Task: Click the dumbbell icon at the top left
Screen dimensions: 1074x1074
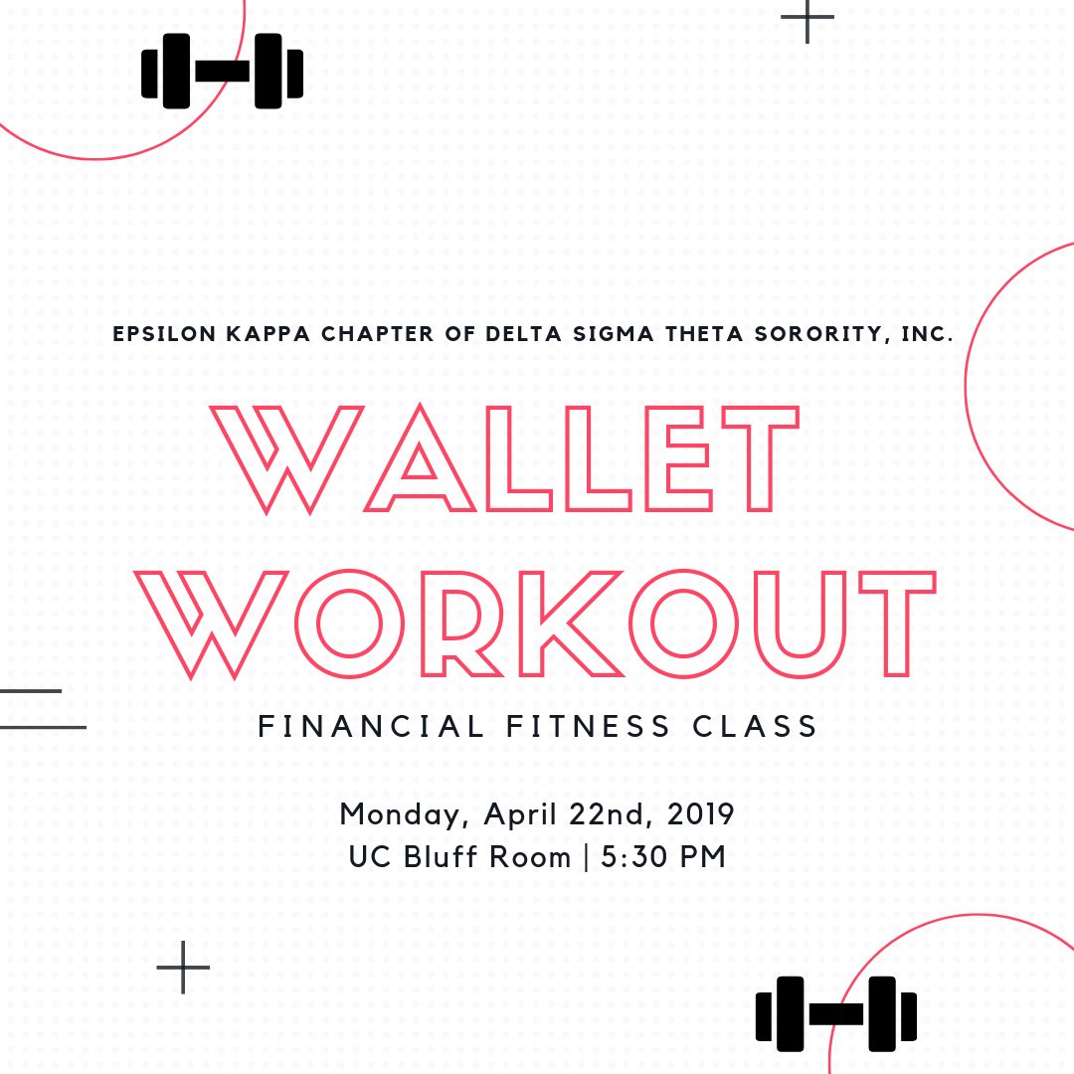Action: coord(223,71)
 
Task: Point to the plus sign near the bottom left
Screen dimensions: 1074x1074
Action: coord(183,967)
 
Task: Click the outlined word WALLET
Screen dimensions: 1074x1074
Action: coord(504,458)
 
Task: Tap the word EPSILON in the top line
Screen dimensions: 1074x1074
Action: coord(164,335)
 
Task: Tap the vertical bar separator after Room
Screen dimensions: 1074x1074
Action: coord(585,856)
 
